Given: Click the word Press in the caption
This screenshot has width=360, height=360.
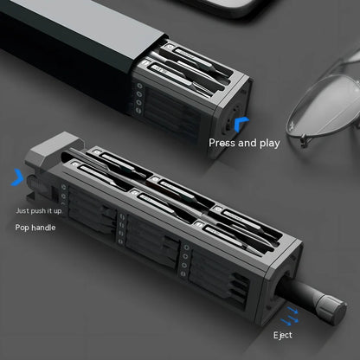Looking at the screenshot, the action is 222,143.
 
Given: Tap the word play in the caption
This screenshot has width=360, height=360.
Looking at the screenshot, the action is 270,144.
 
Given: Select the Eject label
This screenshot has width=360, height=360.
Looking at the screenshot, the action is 283,335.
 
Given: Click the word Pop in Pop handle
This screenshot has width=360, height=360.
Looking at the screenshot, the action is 22,228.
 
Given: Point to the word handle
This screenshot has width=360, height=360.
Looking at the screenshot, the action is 43,228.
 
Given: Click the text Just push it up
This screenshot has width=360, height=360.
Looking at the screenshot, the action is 39,211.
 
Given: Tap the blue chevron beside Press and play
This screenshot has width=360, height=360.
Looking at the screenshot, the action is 241,124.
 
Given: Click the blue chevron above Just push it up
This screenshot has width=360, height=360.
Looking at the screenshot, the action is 17,177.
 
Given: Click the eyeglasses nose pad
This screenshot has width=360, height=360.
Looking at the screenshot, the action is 304,141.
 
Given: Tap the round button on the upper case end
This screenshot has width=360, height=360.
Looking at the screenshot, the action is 231,122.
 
